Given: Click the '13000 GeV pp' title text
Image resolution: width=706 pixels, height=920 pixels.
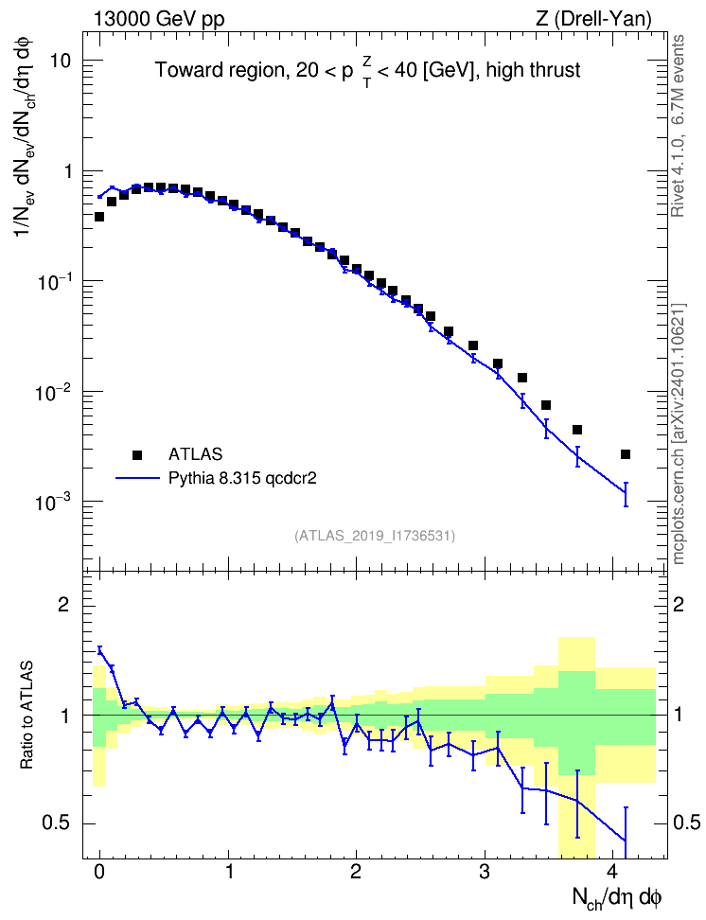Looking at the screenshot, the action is [x=158, y=19].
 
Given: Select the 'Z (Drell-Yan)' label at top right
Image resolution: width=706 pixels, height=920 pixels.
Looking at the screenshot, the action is [x=593, y=19].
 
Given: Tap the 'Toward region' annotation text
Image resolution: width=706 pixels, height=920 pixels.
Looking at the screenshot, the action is [x=221, y=70].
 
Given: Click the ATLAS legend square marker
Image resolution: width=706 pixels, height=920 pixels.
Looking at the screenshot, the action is [x=137, y=454].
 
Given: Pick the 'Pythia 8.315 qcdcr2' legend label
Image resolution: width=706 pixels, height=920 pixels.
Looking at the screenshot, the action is [x=242, y=479].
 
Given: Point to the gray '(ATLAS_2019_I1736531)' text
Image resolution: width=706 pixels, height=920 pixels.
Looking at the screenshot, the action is [x=375, y=536].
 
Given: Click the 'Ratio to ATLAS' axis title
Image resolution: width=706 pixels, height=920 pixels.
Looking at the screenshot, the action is [x=26, y=715].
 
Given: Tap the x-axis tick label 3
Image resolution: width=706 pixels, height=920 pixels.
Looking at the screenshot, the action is [x=484, y=872].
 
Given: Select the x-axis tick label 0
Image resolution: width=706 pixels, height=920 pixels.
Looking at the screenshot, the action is [x=99, y=872].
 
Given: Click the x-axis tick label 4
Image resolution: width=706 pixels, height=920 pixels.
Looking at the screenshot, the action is [x=612, y=872].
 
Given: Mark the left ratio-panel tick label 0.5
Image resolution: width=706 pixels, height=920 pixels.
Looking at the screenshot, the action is [x=57, y=823].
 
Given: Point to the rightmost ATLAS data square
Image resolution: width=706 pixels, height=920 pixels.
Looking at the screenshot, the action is [x=626, y=454].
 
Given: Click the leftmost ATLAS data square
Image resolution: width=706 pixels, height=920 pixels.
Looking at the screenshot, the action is [x=99, y=217].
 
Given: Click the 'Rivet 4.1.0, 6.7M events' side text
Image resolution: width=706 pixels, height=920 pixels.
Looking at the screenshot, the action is [x=678, y=126].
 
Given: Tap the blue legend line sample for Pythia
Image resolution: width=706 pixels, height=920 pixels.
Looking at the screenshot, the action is [x=137, y=479].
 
